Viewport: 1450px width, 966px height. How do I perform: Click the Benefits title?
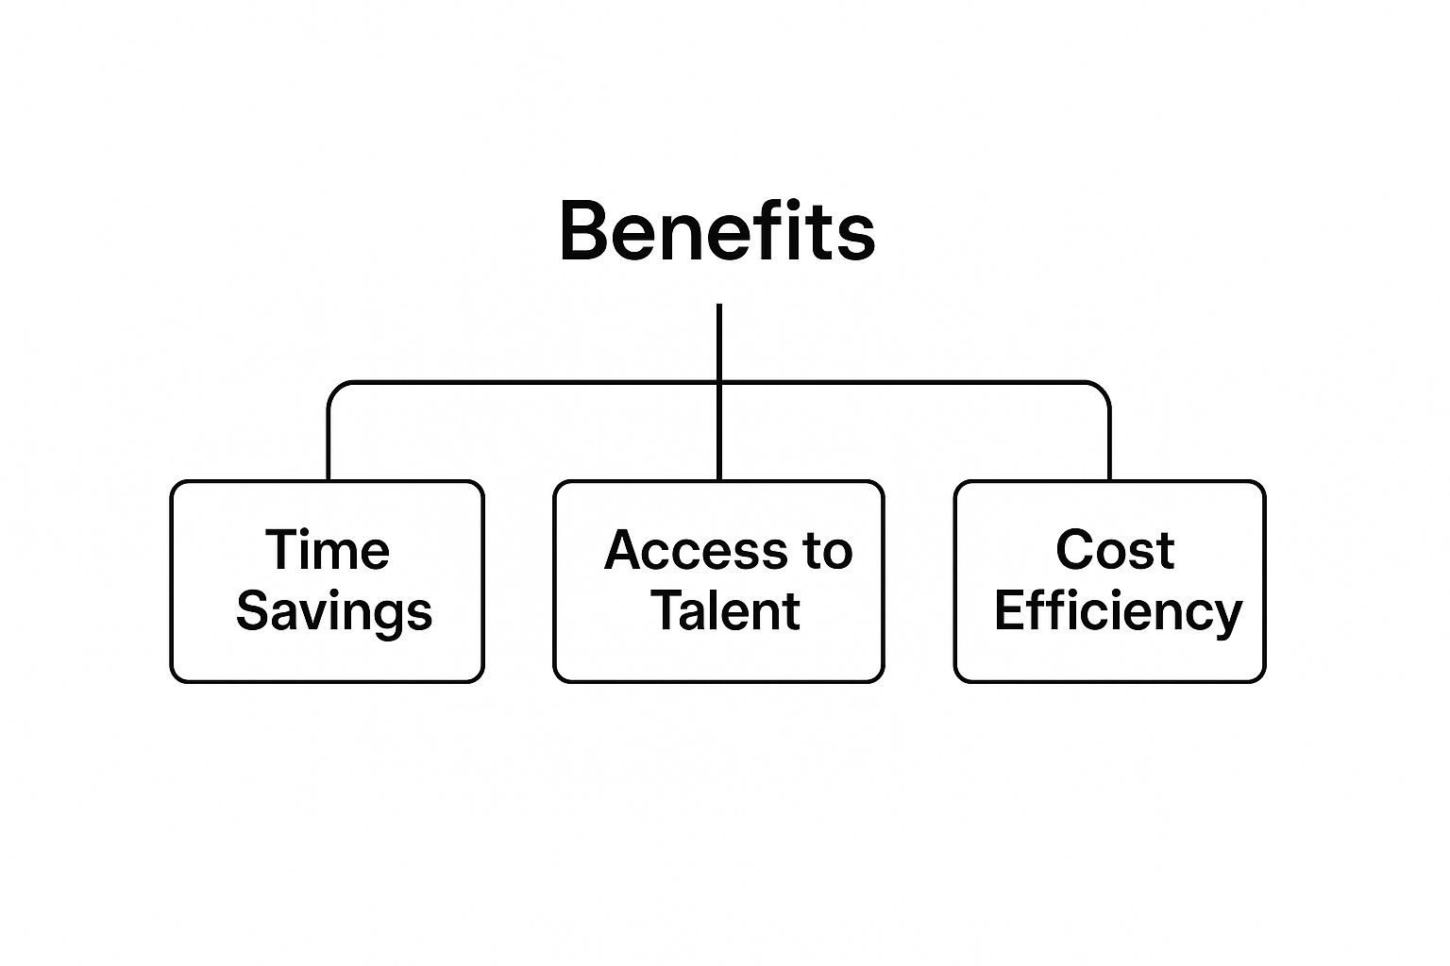[717, 231]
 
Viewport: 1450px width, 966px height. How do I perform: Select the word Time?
[327, 549]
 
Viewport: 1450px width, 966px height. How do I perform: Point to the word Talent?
[725, 610]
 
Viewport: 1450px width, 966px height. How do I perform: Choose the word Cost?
[1115, 549]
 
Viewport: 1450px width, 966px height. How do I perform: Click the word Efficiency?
[1118, 611]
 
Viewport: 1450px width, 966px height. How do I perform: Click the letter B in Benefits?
[582, 231]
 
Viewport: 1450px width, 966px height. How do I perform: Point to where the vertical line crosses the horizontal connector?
[719, 383]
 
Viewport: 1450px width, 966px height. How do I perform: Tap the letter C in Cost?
[1072, 549]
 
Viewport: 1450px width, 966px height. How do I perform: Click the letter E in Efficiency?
[1010, 610]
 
